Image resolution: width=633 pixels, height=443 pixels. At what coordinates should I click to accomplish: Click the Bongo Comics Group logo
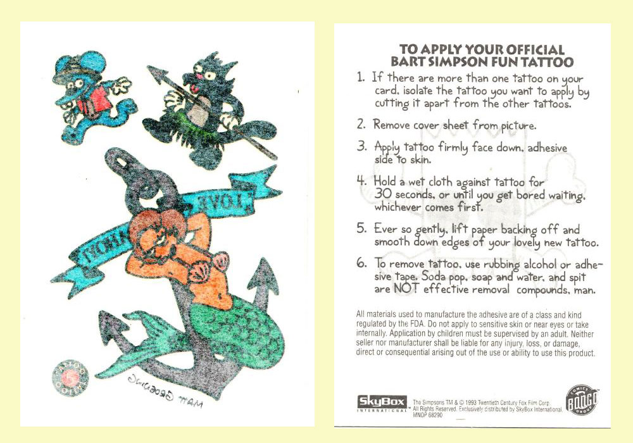(x=581, y=402)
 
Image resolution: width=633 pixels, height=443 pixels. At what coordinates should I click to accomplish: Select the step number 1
(x=361, y=78)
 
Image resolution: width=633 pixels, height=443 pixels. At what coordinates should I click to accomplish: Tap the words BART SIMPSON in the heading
(x=437, y=62)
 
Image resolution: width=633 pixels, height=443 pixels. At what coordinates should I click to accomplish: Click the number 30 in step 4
(x=384, y=194)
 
